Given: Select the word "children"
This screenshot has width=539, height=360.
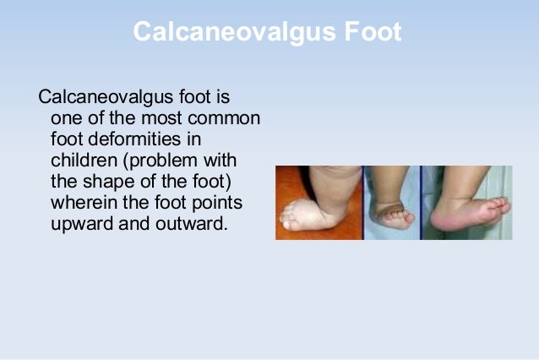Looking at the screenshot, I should tap(80, 161).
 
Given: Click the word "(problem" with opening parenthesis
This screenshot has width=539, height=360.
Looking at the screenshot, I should tap(170, 161).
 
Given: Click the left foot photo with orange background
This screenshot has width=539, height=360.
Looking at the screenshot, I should tap(318, 203).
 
